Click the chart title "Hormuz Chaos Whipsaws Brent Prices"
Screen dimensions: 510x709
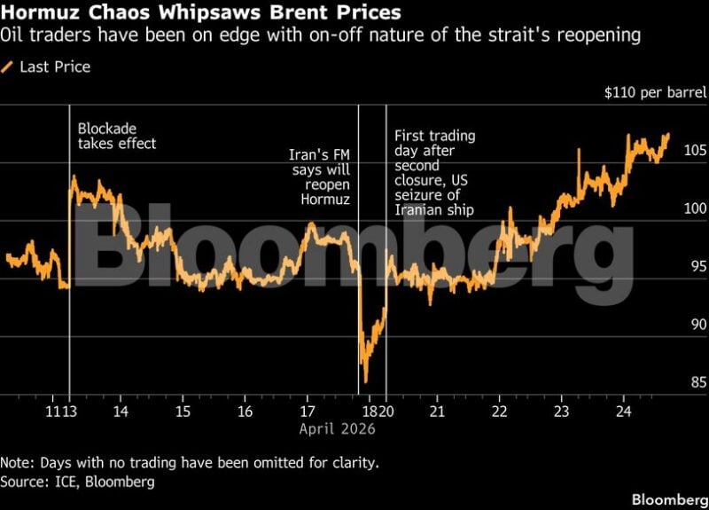(x=200, y=13)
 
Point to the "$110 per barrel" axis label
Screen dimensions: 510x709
(x=655, y=92)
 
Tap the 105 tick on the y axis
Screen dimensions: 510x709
(x=696, y=150)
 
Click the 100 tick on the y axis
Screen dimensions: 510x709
(x=696, y=208)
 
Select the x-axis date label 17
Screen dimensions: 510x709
(x=307, y=412)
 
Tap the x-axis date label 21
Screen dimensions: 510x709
(x=436, y=412)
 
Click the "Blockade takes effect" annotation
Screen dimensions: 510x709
(x=117, y=136)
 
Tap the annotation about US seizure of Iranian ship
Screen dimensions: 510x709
(x=435, y=173)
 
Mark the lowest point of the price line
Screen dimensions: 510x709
(x=365, y=382)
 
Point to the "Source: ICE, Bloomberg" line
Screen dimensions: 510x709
(x=77, y=481)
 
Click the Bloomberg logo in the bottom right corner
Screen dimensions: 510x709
(x=669, y=498)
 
